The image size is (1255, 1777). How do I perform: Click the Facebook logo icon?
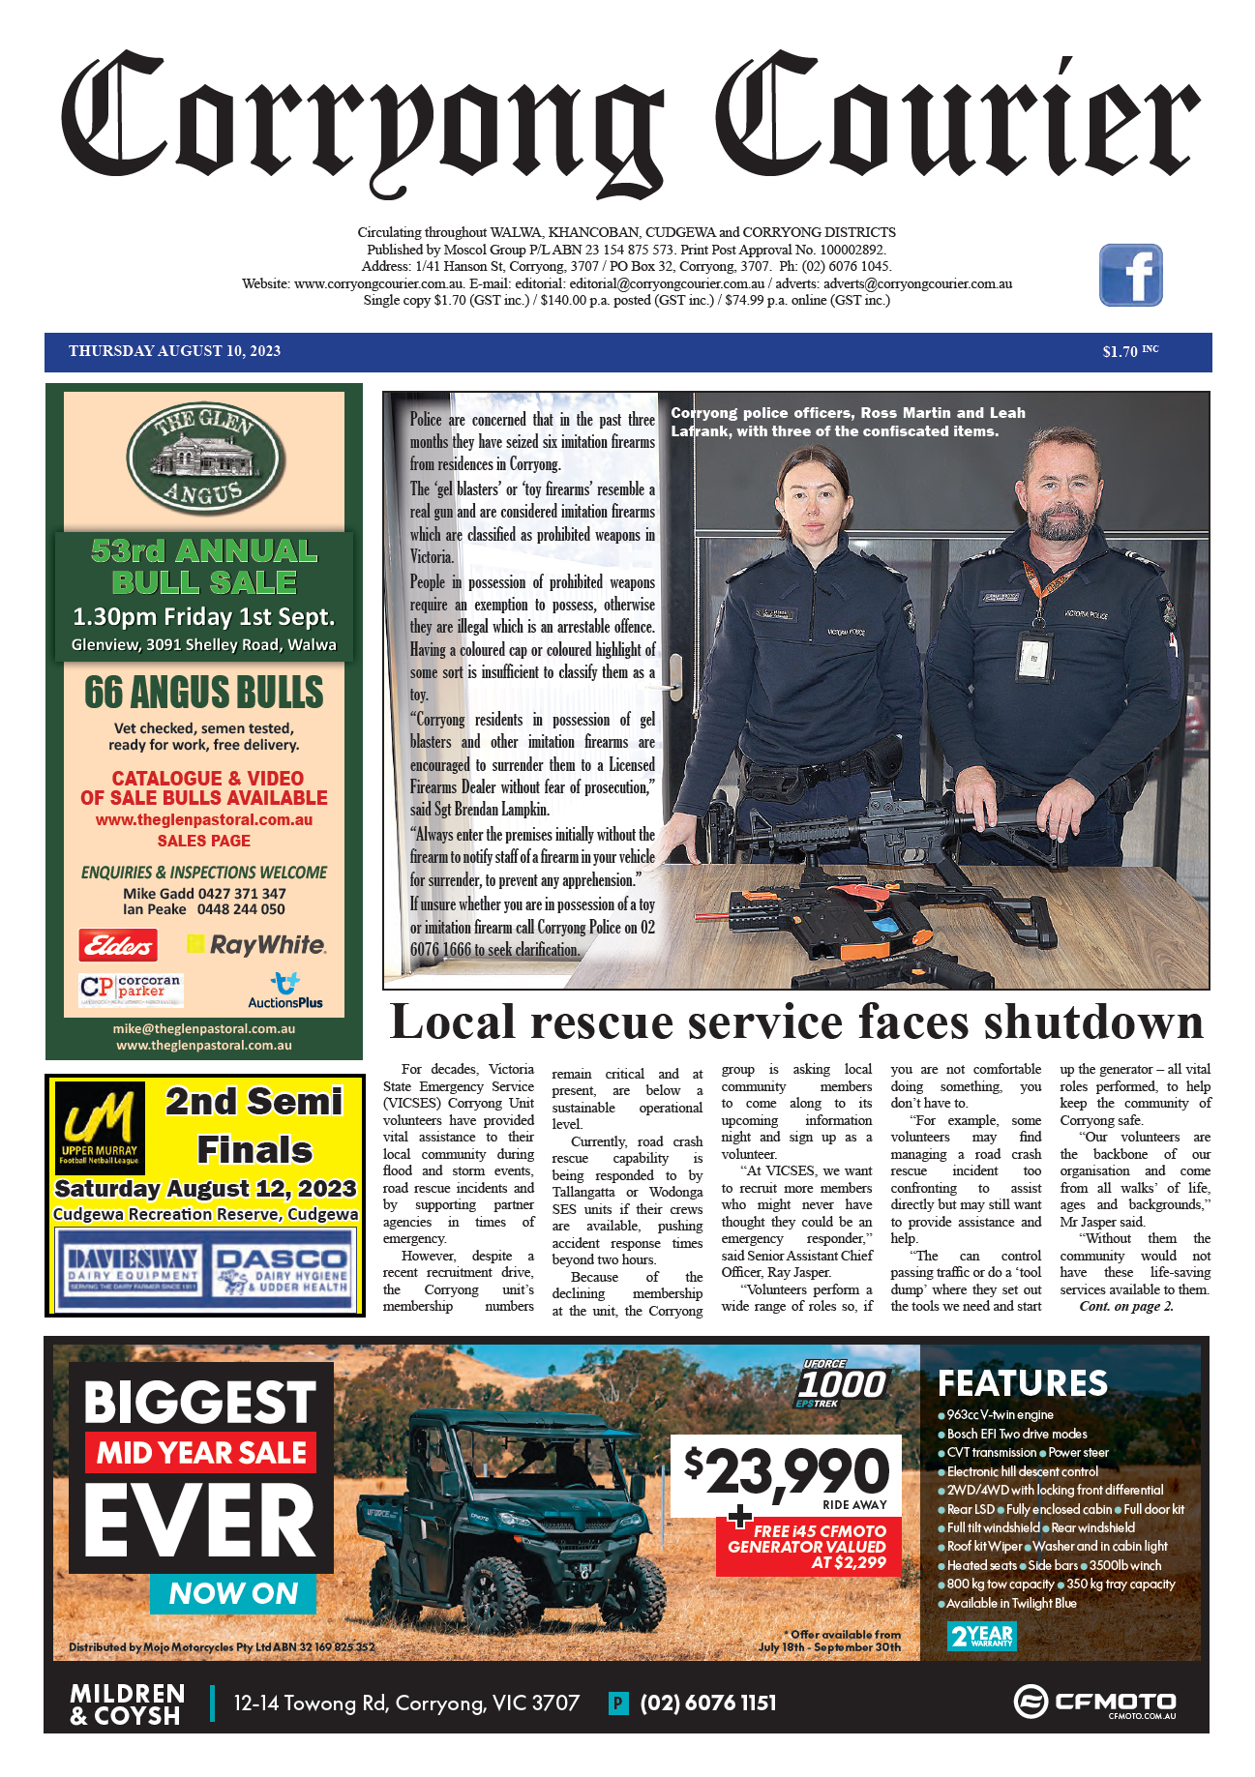[x=1130, y=276]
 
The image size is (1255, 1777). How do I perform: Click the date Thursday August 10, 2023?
[x=174, y=351]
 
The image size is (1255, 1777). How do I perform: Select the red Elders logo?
[x=118, y=944]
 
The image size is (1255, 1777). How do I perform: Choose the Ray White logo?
[x=257, y=944]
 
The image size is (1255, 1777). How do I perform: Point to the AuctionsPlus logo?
[x=284, y=992]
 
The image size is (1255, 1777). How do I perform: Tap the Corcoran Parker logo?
[x=131, y=989]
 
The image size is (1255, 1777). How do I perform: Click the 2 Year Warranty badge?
[x=981, y=1637]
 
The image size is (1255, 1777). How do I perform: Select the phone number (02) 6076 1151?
[x=707, y=1703]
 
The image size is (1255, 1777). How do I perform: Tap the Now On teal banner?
[x=233, y=1593]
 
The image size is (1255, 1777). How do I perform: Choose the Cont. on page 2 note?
[x=1126, y=1307]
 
